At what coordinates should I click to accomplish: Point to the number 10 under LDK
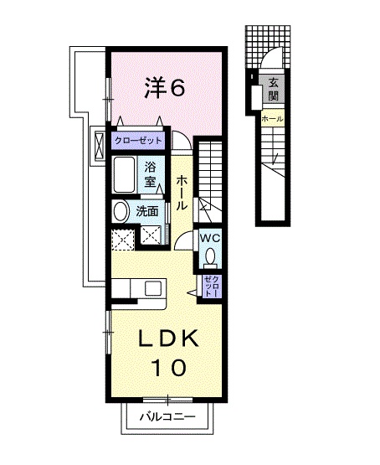point(167,366)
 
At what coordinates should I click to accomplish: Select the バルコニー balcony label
point(167,416)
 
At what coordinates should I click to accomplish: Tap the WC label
point(209,237)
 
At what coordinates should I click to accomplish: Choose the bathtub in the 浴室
point(127,175)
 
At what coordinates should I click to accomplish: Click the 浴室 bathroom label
point(151,174)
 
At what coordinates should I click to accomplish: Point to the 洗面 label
point(147,211)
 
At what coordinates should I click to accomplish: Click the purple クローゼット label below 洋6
point(140,141)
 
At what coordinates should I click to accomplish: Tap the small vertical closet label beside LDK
point(211,287)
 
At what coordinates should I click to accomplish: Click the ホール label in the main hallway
point(181,194)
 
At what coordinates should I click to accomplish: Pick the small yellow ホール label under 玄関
point(272,120)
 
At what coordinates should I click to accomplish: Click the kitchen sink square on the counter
point(153,288)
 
